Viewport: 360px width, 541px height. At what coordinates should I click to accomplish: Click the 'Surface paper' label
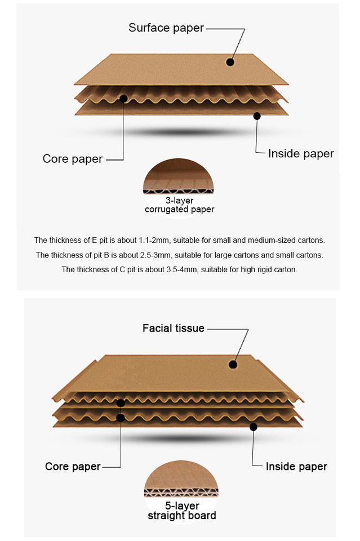[x=166, y=28]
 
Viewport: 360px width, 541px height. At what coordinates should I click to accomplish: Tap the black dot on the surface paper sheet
[x=230, y=62]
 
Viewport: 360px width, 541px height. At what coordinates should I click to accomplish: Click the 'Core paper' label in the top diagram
[x=73, y=159]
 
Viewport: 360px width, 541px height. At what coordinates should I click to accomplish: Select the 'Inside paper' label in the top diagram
[x=301, y=153]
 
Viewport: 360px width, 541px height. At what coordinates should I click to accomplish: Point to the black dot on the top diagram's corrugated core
[x=123, y=99]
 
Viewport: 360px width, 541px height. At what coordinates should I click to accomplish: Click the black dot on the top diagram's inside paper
[x=257, y=116]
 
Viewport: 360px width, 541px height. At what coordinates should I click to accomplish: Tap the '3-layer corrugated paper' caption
[x=179, y=205]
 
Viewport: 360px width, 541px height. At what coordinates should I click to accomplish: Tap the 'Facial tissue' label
[x=173, y=328]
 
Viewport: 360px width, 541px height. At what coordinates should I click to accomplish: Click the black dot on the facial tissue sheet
[x=233, y=365]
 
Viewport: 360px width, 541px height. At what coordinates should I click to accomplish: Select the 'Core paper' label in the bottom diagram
[x=73, y=467]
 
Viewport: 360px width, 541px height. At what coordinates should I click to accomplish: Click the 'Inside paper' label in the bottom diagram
[x=296, y=467]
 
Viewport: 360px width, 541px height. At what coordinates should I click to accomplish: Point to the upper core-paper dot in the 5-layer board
[x=121, y=403]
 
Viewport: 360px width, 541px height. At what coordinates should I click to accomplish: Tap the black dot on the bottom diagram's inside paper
[x=253, y=427]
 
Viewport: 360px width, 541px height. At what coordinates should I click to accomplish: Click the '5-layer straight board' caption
[x=181, y=511]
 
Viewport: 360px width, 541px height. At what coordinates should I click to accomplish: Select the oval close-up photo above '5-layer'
[x=181, y=482]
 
